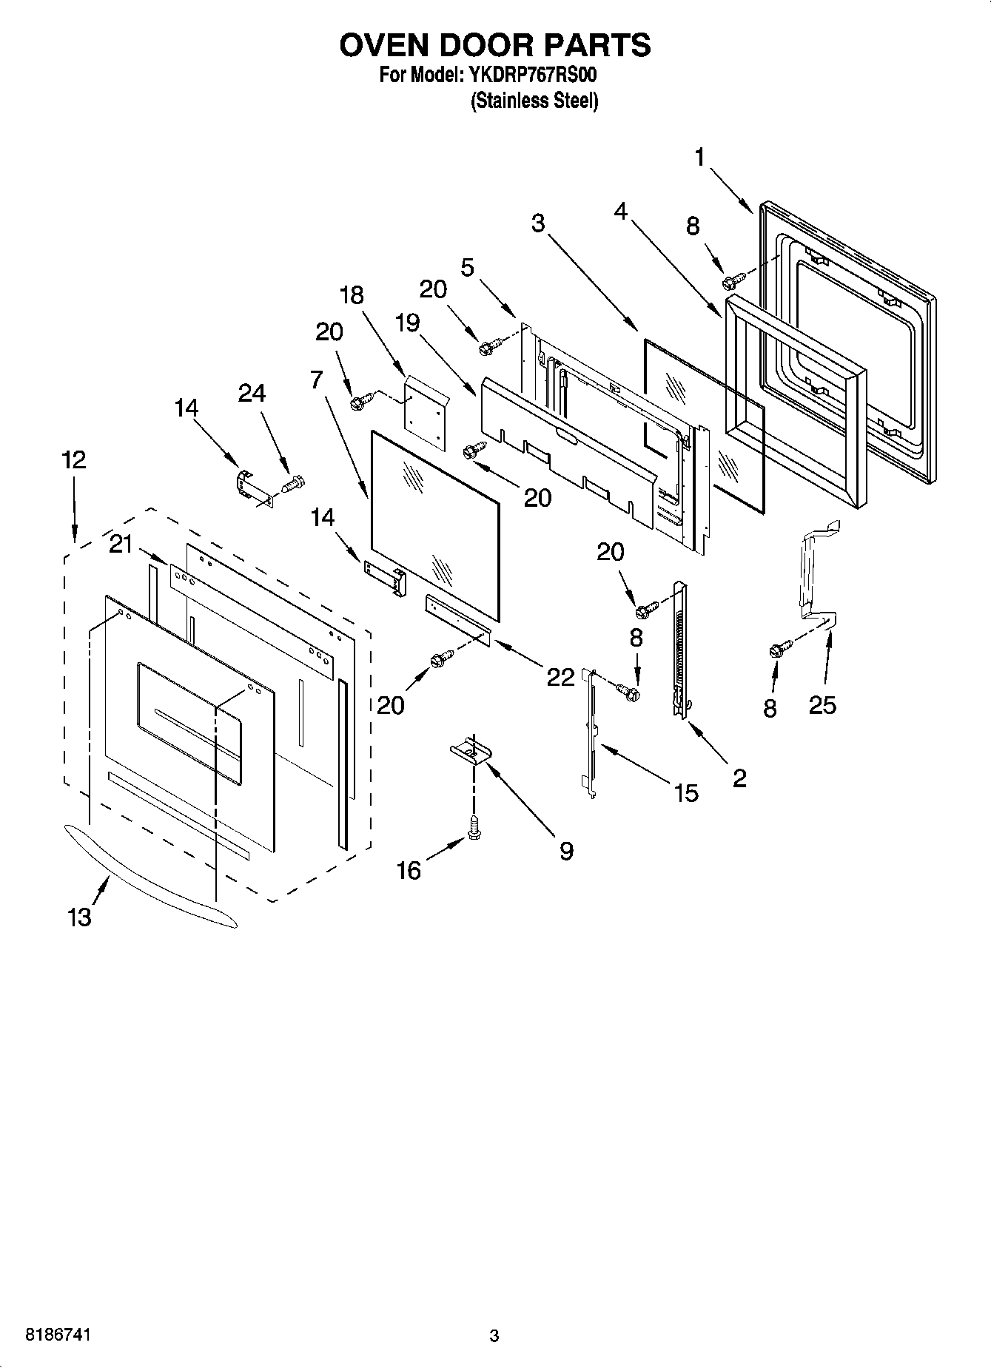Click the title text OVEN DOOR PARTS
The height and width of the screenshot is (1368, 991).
[x=494, y=46]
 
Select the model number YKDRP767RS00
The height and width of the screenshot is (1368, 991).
[x=531, y=75]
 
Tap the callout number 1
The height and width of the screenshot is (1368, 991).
[x=700, y=158]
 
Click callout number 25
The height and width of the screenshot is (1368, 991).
[x=822, y=705]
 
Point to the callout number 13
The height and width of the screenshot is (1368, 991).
[x=79, y=917]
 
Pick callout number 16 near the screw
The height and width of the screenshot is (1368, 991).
[x=409, y=870]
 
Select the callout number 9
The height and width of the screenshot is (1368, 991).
[x=565, y=852]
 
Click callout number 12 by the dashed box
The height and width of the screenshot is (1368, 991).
[x=73, y=459]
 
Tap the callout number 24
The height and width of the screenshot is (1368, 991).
[x=252, y=393]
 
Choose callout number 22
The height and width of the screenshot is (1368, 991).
[x=560, y=676]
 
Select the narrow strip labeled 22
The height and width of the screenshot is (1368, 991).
[x=457, y=613]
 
